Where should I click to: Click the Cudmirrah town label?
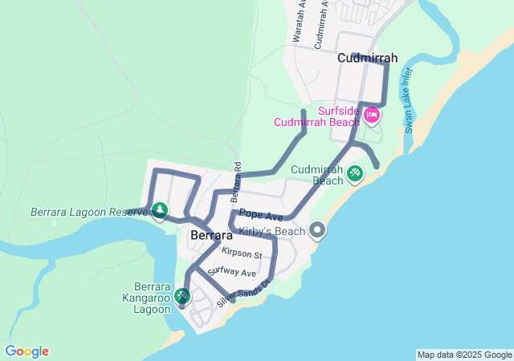click(x=368, y=58)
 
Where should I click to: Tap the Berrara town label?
click(x=211, y=236)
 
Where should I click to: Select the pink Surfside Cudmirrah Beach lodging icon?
click(x=372, y=116)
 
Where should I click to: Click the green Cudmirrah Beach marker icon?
click(x=355, y=172)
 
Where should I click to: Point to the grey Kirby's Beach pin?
click(x=317, y=231)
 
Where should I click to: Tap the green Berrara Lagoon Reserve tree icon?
click(x=160, y=211)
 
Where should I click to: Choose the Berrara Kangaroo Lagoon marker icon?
click(x=183, y=296)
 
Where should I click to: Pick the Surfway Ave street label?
click(x=226, y=273)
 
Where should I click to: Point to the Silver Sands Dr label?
click(x=246, y=293)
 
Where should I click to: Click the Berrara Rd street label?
click(x=236, y=181)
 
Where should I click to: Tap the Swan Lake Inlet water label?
click(x=409, y=99)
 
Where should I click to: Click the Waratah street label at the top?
click(x=299, y=22)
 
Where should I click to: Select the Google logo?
click(x=27, y=351)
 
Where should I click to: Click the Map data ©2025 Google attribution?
click(x=463, y=355)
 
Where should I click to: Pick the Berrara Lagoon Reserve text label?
click(x=89, y=213)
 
